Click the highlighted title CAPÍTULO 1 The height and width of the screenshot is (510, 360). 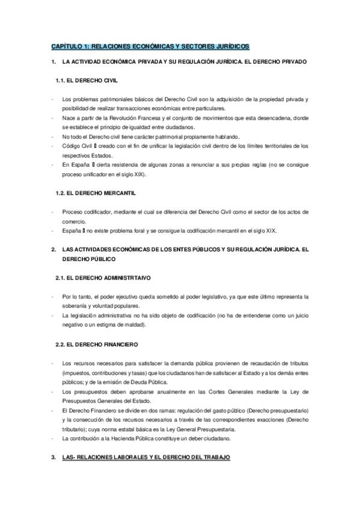point(150,46)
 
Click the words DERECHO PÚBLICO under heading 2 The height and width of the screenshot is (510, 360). point(90,259)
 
